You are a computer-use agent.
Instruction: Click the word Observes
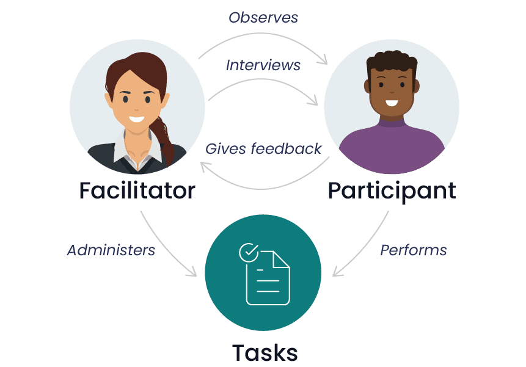click(263, 18)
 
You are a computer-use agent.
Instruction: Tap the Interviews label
click(263, 65)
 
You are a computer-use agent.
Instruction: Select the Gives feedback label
click(263, 148)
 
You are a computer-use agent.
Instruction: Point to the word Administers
click(111, 250)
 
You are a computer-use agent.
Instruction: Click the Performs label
click(414, 250)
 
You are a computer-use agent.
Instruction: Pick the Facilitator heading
click(137, 191)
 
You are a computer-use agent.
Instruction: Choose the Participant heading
click(392, 191)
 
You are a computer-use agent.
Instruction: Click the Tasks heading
click(265, 352)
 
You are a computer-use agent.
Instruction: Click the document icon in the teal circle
click(268, 278)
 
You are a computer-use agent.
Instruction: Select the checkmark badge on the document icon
click(248, 251)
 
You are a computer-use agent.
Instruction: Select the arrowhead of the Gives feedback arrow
click(201, 164)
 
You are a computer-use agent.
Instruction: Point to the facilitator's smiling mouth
click(137, 119)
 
